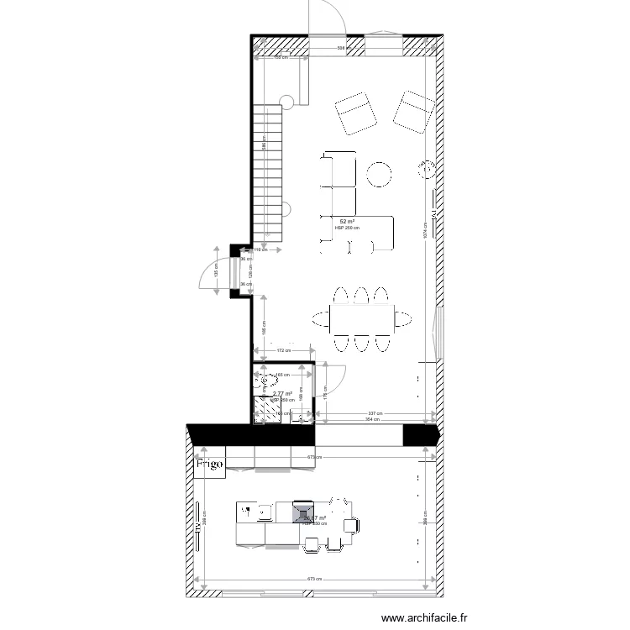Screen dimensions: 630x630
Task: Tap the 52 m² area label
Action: (346, 221)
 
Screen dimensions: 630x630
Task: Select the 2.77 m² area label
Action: (282, 393)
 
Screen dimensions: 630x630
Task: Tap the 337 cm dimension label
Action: (375, 413)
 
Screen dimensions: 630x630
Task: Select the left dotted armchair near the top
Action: (355, 114)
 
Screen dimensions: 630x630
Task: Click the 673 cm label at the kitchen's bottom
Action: (313, 579)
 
